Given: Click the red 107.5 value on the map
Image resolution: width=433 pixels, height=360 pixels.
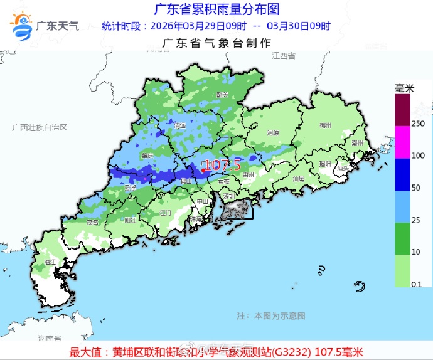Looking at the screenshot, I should [x=222, y=166].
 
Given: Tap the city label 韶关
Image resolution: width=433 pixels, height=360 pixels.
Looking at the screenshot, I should [x=222, y=94].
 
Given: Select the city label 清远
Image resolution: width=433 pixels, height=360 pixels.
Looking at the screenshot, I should [x=180, y=125].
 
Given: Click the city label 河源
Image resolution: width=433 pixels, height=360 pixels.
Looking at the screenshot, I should [x=272, y=133].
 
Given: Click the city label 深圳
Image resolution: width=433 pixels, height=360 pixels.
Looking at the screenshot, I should [x=228, y=196].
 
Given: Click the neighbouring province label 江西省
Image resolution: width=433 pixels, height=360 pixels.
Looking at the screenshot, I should [x=284, y=56].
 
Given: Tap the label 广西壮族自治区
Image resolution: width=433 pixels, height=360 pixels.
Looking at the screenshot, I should [x=39, y=127].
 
